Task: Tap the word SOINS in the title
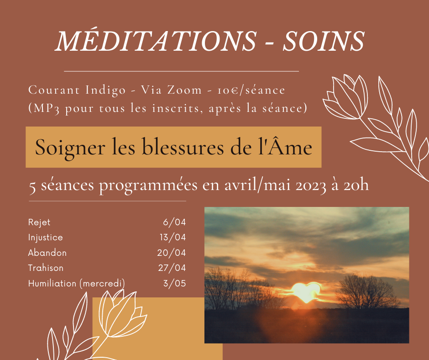[x=324, y=41]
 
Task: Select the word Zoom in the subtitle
[x=184, y=90]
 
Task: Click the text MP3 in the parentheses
[x=47, y=108]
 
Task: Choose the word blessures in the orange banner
[x=183, y=147]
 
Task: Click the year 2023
[x=311, y=185]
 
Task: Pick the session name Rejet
[x=39, y=222]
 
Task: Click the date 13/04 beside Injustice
[x=173, y=237]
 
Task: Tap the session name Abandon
[x=47, y=253]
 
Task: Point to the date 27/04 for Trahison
[x=172, y=268]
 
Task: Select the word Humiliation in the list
[x=52, y=283]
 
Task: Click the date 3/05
[x=174, y=283]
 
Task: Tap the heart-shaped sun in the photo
[x=306, y=292]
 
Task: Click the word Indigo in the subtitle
[x=105, y=90]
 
